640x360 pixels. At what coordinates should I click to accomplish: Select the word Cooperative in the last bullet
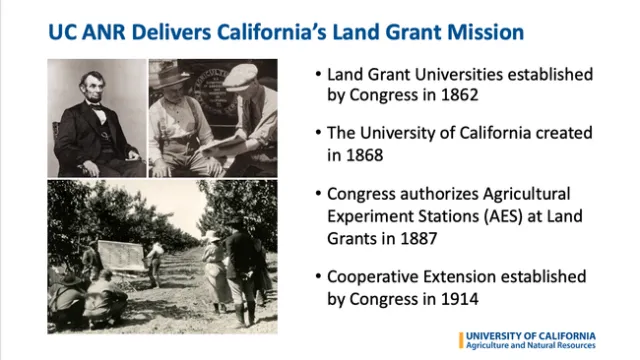370,275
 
